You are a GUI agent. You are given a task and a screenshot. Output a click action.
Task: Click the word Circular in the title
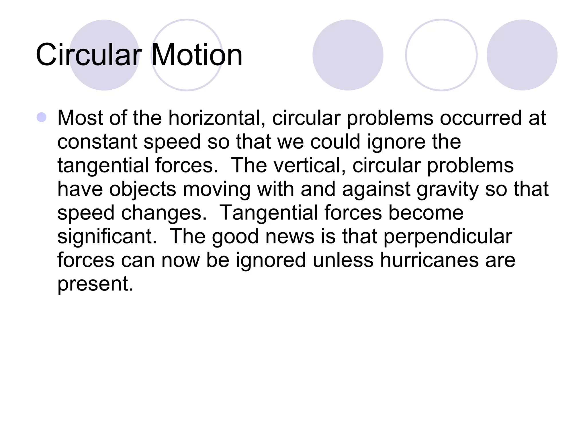pyautogui.click(x=89, y=55)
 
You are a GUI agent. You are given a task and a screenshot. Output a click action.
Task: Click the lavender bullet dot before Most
pyautogui.click(x=42, y=117)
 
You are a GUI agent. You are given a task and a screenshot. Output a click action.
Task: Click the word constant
pyautogui.click(x=97, y=142)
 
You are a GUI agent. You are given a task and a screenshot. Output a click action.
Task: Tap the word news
pyautogui.click(x=290, y=237)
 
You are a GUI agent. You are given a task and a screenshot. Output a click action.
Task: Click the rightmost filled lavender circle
pyautogui.click(x=522, y=55)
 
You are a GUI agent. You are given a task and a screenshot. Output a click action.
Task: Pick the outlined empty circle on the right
pyautogui.click(x=441, y=55)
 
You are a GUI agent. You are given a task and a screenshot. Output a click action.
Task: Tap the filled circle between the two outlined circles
pyautogui.click(x=348, y=55)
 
